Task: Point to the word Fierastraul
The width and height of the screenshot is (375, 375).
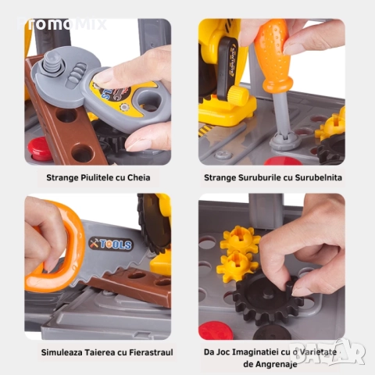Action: click(x=147, y=352)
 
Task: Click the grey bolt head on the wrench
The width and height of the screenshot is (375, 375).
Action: click(x=54, y=62)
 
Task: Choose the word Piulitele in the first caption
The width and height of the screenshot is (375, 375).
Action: click(x=90, y=177)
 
